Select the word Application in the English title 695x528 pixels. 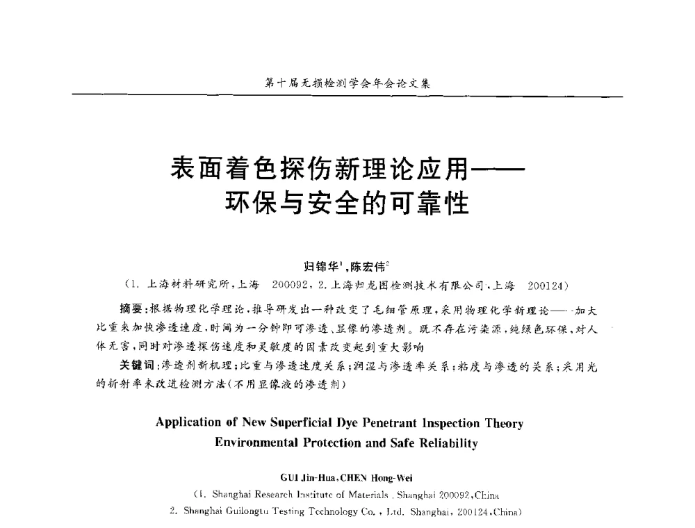pyautogui.click(x=186, y=422)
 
